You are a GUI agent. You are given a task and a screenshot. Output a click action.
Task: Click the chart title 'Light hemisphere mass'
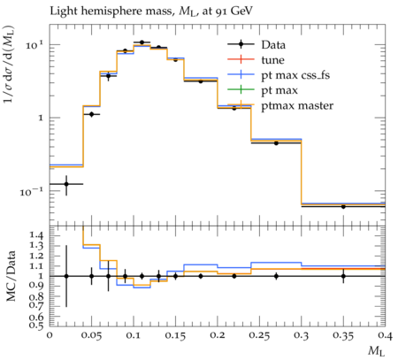[x=111, y=11]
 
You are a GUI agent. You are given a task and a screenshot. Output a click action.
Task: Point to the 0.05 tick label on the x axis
[x=91, y=335]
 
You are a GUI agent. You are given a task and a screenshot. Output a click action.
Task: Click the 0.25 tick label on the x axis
[x=259, y=335]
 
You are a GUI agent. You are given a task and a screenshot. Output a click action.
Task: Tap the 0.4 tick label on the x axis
[x=386, y=335]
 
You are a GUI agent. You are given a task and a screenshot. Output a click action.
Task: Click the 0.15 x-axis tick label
[x=175, y=335]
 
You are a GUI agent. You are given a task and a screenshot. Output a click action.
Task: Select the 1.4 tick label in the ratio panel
[x=36, y=235]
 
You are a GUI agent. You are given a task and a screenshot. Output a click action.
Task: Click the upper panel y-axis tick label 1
[x=42, y=118]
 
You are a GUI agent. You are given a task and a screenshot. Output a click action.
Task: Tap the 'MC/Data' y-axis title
[x=11, y=276]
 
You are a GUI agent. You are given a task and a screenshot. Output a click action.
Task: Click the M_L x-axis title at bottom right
[x=377, y=351]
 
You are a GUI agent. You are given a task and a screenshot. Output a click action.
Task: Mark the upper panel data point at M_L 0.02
[x=66, y=184]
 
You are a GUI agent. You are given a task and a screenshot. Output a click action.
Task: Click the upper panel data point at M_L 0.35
[x=343, y=206]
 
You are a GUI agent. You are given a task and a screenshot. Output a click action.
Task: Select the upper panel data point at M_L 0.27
[x=276, y=143]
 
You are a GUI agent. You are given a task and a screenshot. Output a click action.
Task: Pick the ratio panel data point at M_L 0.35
[x=343, y=276]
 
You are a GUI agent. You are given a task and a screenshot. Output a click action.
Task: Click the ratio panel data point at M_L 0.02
[x=66, y=276]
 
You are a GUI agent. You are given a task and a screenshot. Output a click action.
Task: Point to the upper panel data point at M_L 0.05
[x=91, y=114]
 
